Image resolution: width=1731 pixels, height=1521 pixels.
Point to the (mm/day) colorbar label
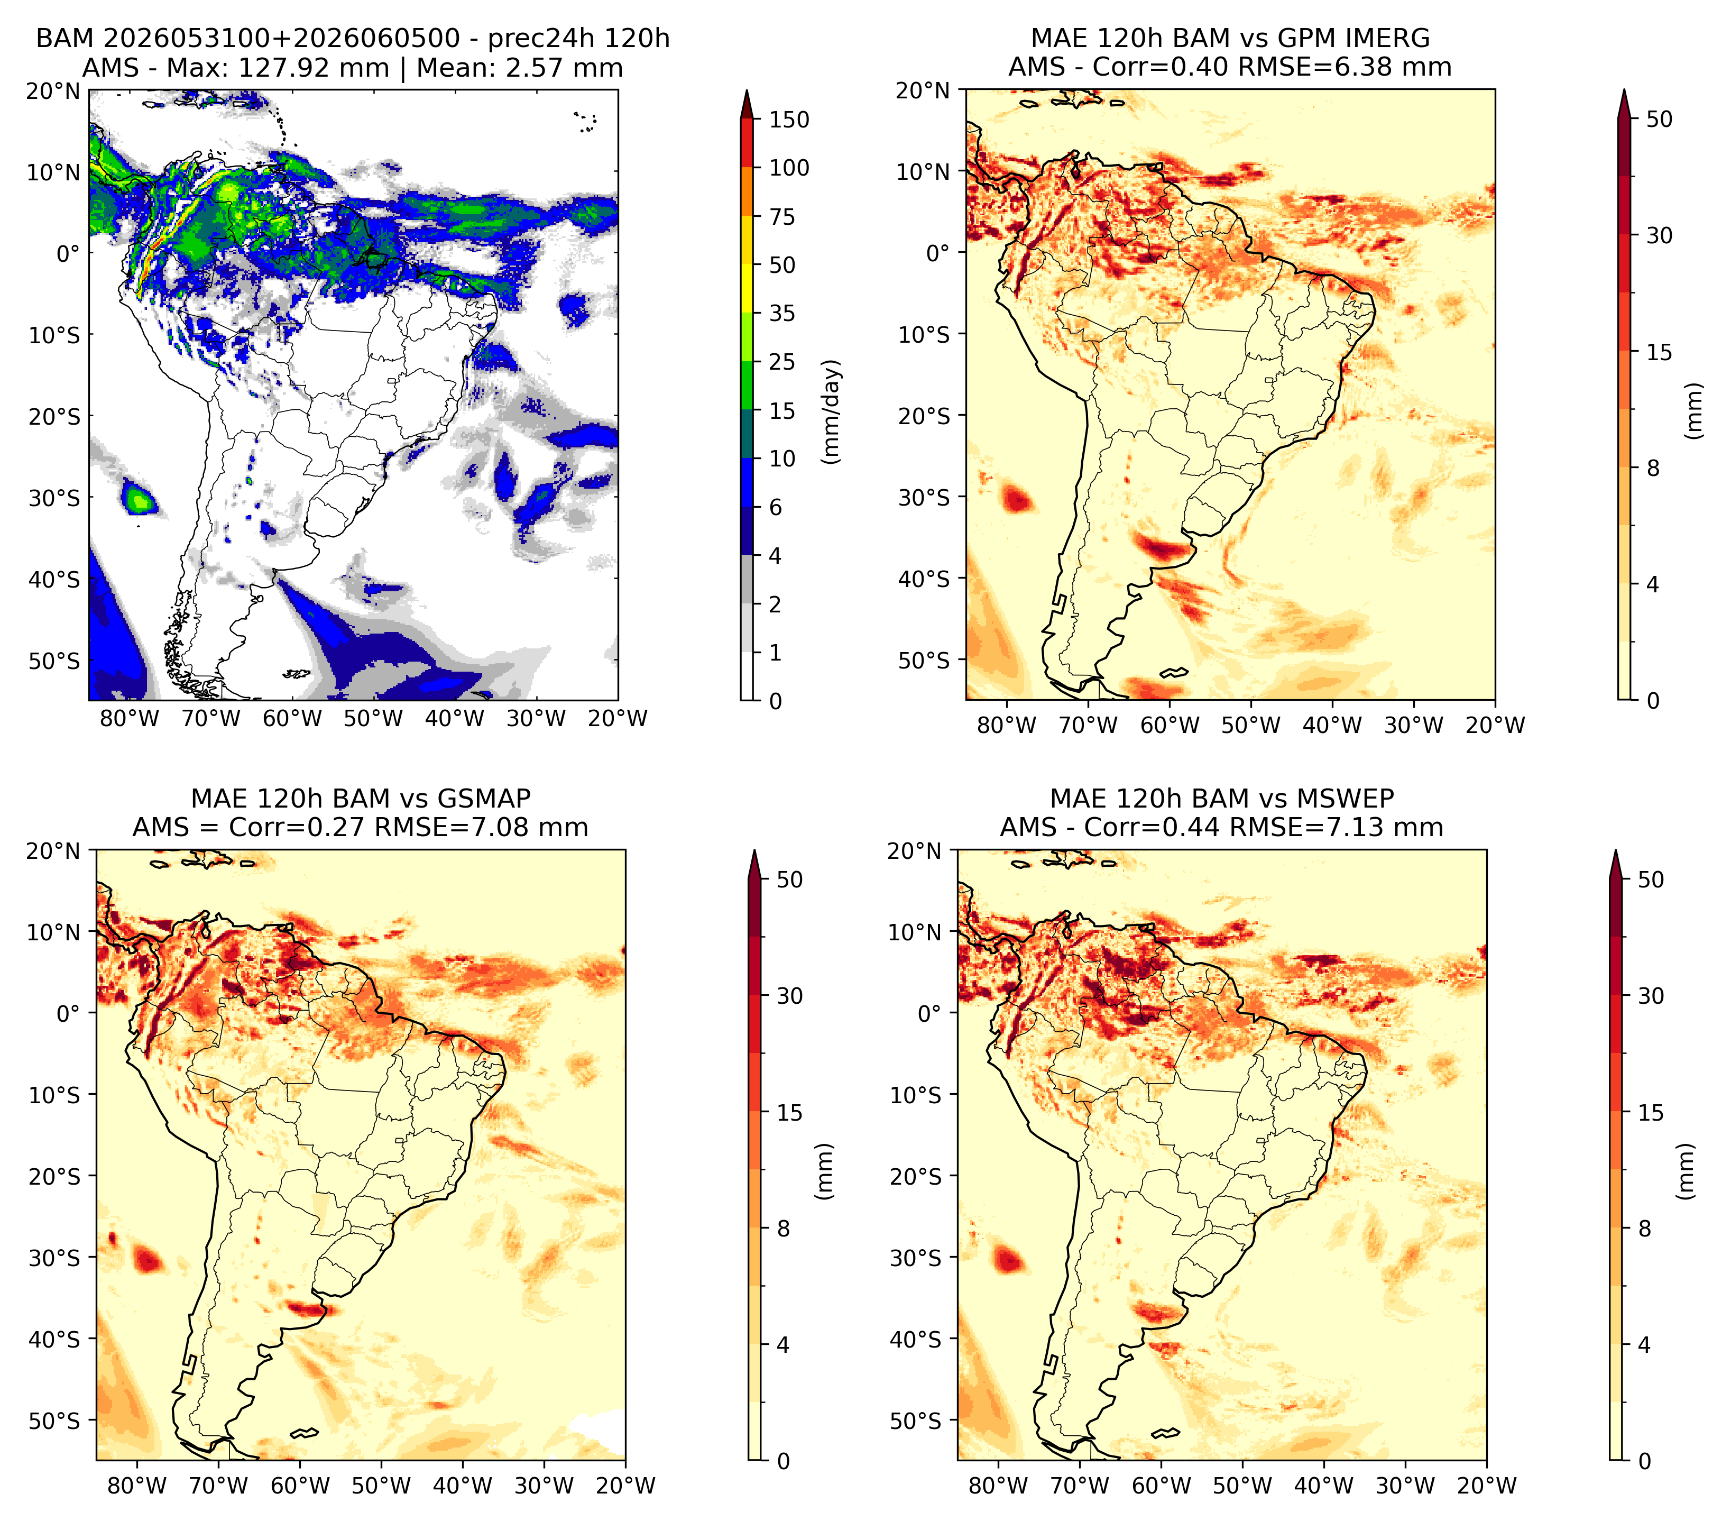(833, 411)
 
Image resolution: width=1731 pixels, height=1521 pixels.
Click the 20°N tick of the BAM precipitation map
(52, 90)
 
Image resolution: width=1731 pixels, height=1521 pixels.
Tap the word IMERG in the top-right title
(1385, 38)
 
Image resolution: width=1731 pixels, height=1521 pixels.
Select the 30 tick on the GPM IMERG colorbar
(1660, 235)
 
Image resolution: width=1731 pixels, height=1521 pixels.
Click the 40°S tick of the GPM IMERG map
(924, 579)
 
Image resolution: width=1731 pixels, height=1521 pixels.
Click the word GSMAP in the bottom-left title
(484, 799)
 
